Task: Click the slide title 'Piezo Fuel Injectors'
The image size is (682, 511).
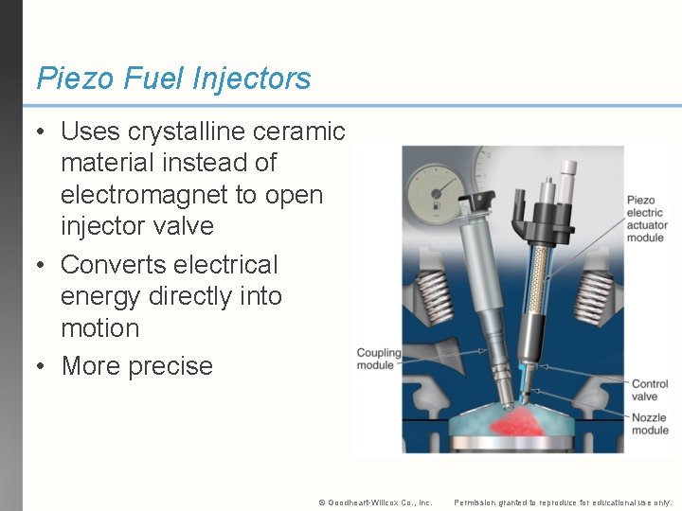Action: tap(173, 79)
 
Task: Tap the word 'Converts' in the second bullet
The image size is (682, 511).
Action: tap(117, 265)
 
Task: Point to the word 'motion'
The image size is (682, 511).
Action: tap(99, 328)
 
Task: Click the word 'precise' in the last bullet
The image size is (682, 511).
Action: tap(168, 366)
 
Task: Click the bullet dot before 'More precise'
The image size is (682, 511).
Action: tap(44, 366)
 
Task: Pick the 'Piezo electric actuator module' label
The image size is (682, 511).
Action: tap(647, 220)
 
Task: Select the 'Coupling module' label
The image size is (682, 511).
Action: tap(378, 360)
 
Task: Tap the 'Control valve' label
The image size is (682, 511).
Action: tap(650, 390)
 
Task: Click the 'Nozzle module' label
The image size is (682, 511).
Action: tap(650, 423)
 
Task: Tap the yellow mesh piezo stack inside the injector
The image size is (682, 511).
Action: tap(543, 283)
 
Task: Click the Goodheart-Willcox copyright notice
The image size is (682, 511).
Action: tap(375, 502)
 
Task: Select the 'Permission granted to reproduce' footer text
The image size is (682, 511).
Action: tap(563, 502)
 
